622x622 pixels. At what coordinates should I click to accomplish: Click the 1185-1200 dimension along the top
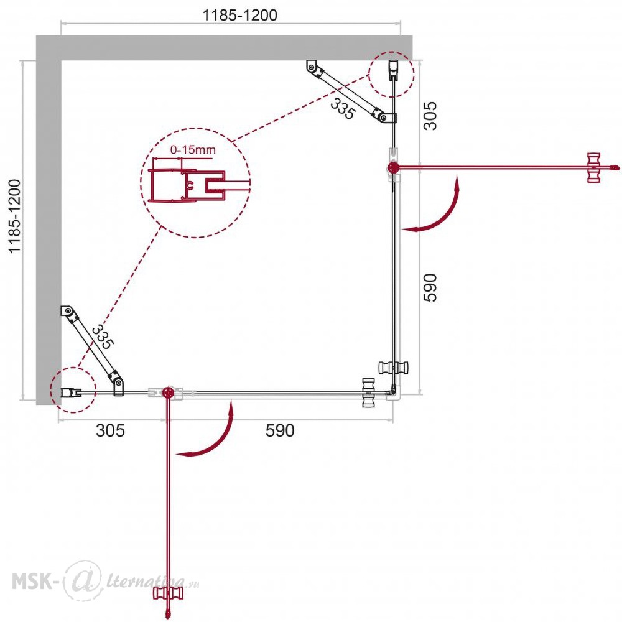[x=239, y=15]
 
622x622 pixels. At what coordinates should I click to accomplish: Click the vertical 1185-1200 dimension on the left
[x=15, y=216]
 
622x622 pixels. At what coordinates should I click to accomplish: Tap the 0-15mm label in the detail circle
[x=193, y=150]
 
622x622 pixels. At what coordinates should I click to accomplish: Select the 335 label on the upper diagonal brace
[x=342, y=108]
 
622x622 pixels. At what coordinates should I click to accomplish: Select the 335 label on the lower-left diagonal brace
[x=103, y=337]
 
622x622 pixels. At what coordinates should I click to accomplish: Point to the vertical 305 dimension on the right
[x=430, y=116]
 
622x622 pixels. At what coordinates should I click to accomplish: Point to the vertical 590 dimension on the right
[x=430, y=287]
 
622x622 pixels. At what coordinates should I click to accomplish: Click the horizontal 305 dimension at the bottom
[x=110, y=430]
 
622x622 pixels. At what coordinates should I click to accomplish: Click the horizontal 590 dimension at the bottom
[x=280, y=430]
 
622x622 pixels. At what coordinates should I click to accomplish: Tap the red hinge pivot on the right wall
[x=393, y=168]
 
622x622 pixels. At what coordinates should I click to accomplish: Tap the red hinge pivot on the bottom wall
[x=169, y=392]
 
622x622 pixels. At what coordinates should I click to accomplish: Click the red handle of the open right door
[x=593, y=168]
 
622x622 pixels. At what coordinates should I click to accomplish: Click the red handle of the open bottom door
[x=169, y=593]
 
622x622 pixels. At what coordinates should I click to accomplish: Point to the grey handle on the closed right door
[x=394, y=368]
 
